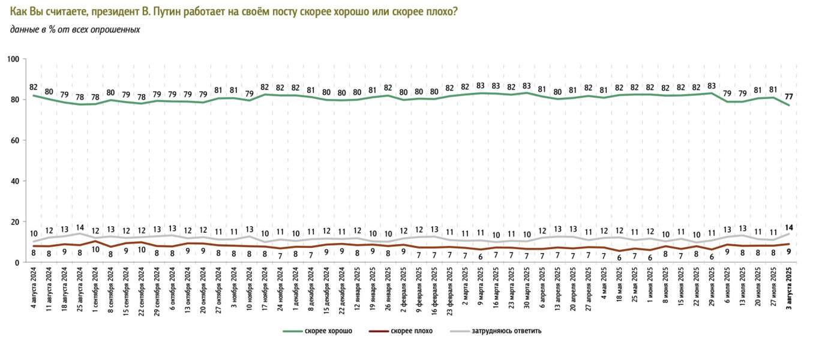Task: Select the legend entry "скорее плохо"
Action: [410, 331]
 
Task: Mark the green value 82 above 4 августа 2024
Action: [34, 87]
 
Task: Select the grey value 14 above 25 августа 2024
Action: [80, 227]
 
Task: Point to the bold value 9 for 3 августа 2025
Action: [788, 253]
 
